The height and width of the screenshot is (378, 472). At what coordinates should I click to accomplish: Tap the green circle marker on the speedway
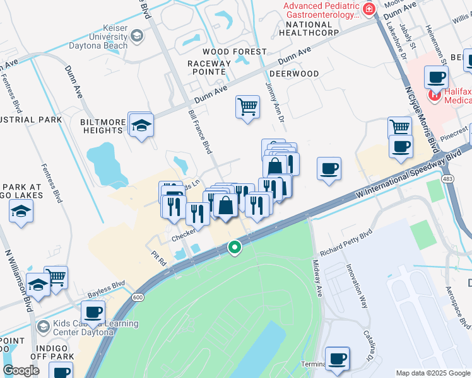(x=235, y=248)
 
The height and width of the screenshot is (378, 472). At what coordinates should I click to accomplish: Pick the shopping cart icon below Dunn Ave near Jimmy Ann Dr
(x=247, y=106)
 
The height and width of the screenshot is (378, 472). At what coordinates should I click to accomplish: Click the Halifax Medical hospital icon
(x=434, y=96)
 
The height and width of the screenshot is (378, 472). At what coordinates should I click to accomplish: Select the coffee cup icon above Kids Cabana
(x=93, y=312)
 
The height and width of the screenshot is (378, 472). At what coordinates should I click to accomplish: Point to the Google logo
(x=21, y=370)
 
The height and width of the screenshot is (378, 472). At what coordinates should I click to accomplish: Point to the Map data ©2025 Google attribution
(x=432, y=373)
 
